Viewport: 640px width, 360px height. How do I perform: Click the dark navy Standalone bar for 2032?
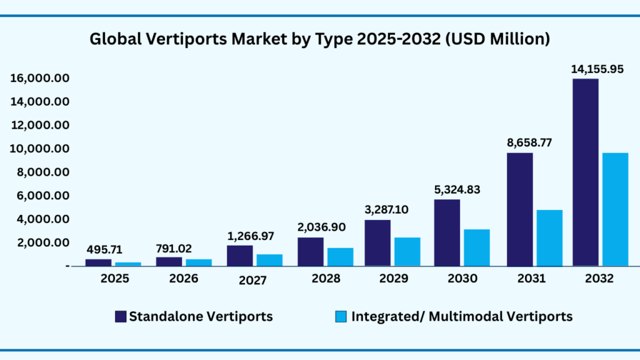pos(585,172)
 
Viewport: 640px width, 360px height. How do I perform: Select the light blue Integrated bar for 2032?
pos(615,209)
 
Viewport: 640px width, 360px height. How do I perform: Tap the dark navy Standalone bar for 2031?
pos(519,209)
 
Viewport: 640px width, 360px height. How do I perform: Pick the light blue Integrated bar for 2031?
pos(549,237)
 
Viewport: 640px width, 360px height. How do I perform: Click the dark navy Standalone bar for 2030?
pos(447,232)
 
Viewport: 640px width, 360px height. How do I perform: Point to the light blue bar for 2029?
pos(407,251)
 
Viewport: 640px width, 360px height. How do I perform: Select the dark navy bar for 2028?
pos(310,251)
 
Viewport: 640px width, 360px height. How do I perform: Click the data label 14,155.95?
pos(597,69)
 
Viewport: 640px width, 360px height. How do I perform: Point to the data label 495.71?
pos(104,250)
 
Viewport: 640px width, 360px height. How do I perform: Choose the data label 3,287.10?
pos(386,209)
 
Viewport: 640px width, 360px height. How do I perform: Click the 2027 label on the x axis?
pos(253,280)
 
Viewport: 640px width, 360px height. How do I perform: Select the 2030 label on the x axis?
pos(461,279)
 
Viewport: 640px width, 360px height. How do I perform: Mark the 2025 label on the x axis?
pos(115,279)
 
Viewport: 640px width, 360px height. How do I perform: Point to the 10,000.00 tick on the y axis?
pos(39,149)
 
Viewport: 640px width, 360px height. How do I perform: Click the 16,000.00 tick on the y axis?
pos(39,78)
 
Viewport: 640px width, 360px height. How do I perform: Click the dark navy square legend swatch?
pos(121,317)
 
